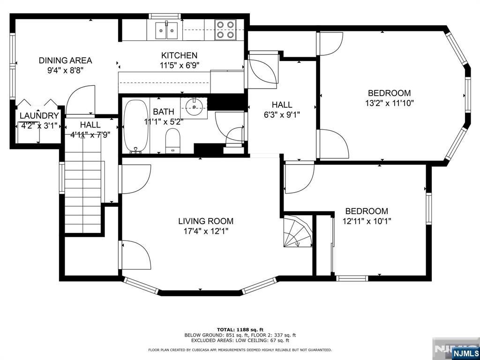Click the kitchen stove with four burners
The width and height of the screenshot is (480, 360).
click(225, 30)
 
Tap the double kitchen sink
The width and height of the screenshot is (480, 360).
click(166, 30)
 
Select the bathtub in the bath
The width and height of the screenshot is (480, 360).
click(136, 126)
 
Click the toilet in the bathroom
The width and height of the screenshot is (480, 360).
click(172, 141)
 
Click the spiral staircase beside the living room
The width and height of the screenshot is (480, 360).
click(297, 232)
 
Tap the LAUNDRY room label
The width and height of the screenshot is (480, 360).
click(39, 116)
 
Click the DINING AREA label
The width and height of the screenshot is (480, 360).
click(65, 60)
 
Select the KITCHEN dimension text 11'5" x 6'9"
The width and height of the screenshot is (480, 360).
click(179, 65)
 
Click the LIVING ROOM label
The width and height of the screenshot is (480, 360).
click(206, 221)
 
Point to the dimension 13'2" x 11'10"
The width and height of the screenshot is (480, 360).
click(390, 103)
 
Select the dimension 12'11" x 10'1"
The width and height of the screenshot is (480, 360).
click(367, 221)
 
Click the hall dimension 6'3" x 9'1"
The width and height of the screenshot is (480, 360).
click(282, 115)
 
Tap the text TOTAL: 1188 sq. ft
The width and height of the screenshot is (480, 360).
click(240, 330)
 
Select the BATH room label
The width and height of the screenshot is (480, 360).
click(164, 112)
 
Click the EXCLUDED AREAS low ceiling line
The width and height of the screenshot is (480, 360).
click(240, 340)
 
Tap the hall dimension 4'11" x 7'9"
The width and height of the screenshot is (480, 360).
click(90, 134)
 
